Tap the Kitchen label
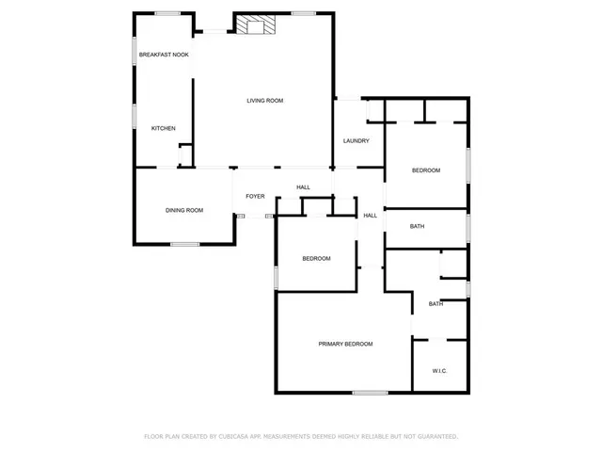(164, 128)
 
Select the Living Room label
(265, 101)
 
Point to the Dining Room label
(184, 210)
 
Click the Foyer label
(255, 196)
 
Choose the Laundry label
(356, 141)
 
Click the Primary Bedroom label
(345, 344)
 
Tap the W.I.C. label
(439, 371)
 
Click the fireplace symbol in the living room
(252, 25)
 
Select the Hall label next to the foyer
(304, 187)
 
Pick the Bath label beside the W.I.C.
(436, 303)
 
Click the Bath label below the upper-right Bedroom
(417, 226)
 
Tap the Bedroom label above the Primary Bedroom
(316, 258)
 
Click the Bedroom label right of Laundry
(426, 169)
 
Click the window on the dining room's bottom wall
(184, 245)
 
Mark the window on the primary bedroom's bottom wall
(370, 393)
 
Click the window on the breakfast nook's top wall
(167, 12)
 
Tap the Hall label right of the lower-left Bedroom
(370, 216)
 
